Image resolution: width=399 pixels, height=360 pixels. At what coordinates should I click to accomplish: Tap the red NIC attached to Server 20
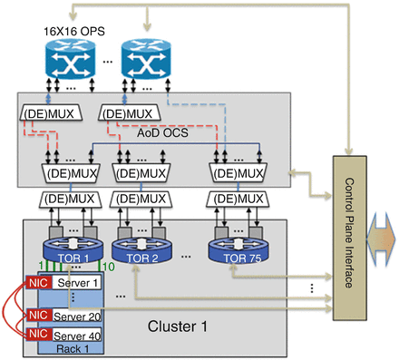point(35,315)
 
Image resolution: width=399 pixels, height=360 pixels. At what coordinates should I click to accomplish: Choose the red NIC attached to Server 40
point(35,333)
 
